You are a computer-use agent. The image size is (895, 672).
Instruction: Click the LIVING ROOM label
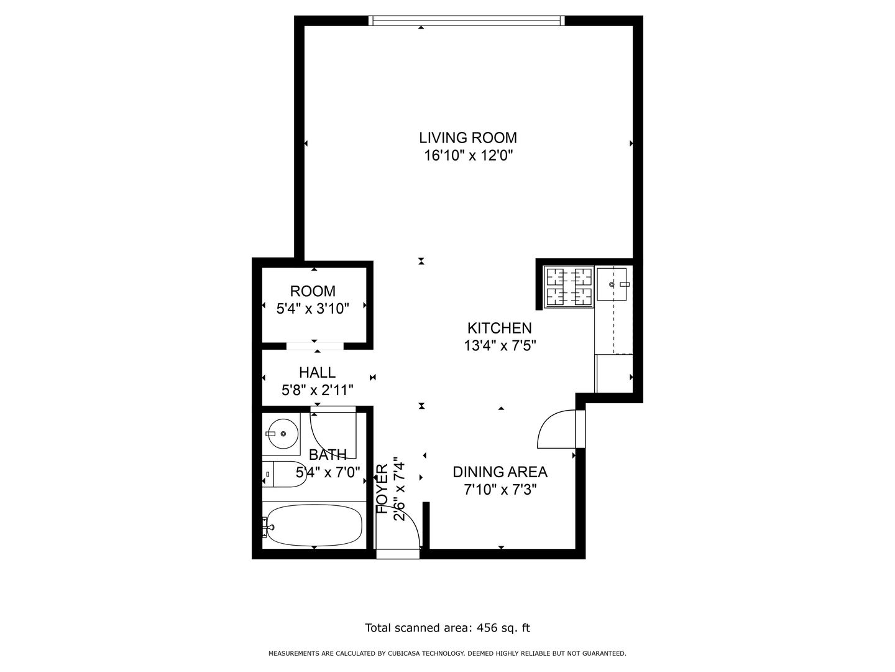point(467,138)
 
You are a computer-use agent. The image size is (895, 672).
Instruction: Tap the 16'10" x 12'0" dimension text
point(468,156)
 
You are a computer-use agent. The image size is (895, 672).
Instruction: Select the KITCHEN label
point(500,328)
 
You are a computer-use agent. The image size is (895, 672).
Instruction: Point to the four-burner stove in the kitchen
point(569,286)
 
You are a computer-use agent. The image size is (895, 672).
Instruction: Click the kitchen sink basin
point(612,284)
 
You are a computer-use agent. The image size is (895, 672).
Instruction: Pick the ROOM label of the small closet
point(313,291)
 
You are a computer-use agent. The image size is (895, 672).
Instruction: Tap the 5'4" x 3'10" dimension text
point(313,309)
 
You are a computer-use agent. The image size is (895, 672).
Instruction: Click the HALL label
point(317,373)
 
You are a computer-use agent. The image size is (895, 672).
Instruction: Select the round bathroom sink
point(282,434)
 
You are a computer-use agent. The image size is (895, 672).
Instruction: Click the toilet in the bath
point(284,475)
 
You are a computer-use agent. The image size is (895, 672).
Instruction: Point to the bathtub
point(313,525)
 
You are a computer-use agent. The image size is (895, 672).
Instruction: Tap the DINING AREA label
point(500,472)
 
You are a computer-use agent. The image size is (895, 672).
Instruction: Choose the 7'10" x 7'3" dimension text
point(500,490)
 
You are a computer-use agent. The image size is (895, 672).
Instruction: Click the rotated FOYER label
point(382,489)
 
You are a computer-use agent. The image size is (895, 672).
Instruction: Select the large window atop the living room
point(467,21)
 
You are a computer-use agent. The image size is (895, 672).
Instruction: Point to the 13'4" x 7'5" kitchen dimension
point(500,346)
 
